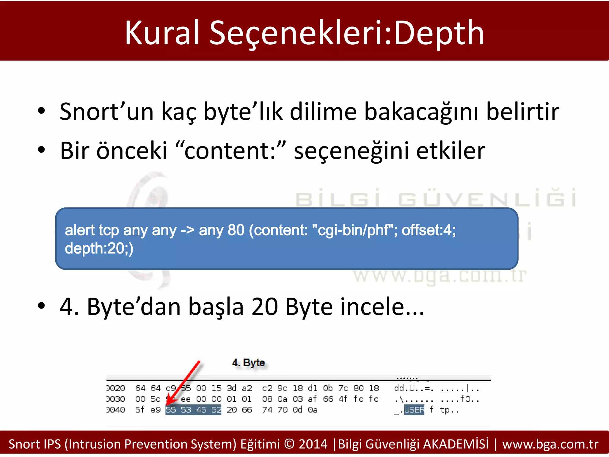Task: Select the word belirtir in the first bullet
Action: [522, 112]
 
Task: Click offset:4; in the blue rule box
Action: [429, 230]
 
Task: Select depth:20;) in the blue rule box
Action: [99, 248]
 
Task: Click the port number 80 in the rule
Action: [236, 230]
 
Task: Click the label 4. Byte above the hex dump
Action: [248, 363]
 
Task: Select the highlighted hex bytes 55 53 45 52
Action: [193, 410]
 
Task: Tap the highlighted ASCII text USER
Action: [414, 410]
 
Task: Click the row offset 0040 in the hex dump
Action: [116, 410]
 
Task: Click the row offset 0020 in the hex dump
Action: [116, 388]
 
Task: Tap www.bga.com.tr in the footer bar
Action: [550, 444]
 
